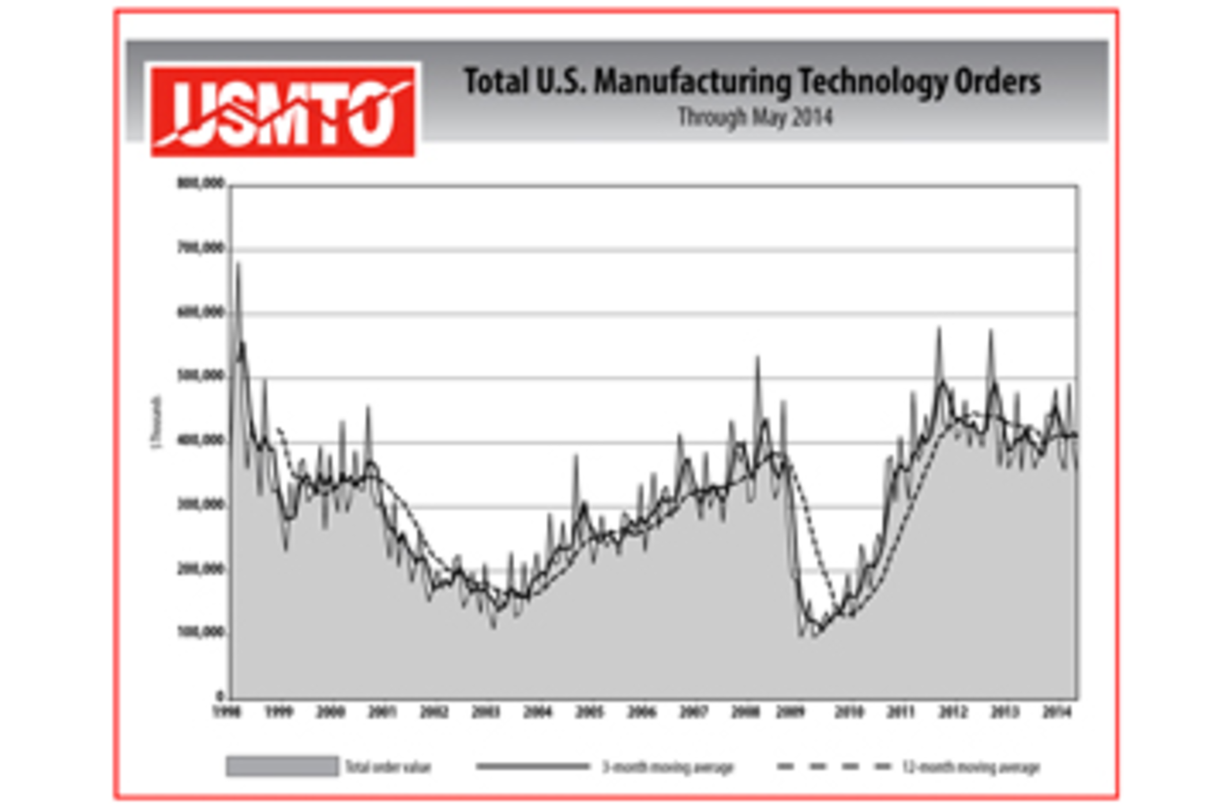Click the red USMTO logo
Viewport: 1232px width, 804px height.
pyautogui.click(x=283, y=110)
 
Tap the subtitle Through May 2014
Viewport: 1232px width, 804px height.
pyautogui.click(x=755, y=117)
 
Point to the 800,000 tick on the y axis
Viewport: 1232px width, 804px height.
pyautogui.click(x=201, y=184)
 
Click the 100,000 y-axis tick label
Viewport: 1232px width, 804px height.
pyautogui.click(x=201, y=633)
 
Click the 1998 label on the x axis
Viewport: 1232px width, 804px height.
pyautogui.click(x=227, y=712)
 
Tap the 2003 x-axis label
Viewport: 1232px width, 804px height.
pyautogui.click(x=486, y=712)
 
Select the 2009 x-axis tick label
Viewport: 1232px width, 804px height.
pyautogui.click(x=791, y=712)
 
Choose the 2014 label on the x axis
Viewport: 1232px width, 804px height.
pyautogui.click(x=1056, y=712)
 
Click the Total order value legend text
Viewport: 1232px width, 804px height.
pyautogui.click(x=388, y=767)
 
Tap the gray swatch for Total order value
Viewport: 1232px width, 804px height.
pyautogui.click(x=282, y=766)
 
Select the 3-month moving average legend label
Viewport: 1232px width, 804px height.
pyautogui.click(x=667, y=767)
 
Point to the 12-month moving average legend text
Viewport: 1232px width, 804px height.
pyautogui.click(x=971, y=767)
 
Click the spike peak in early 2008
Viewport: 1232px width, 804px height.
pyautogui.click(x=758, y=358)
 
